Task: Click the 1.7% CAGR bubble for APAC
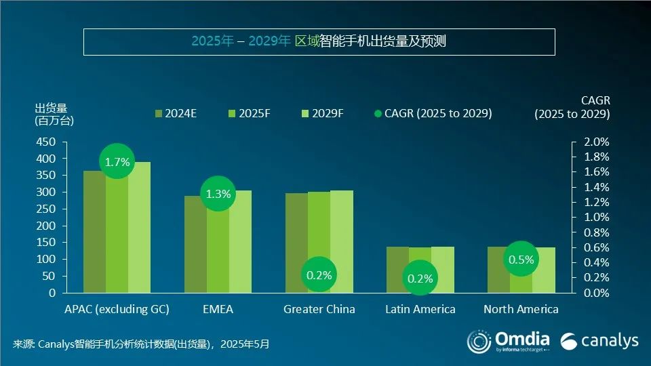coord(117,162)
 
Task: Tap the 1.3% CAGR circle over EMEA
coord(218,194)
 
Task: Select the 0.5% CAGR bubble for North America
coord(521,260)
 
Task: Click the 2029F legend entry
coord(321,113)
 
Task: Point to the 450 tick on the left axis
coord(46,142)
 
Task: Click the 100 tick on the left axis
coord(46,260)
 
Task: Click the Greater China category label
coord(319,309)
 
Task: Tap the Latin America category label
coord(420,309)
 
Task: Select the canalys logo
coord(599,340)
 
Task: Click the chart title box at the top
coord(319,41)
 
